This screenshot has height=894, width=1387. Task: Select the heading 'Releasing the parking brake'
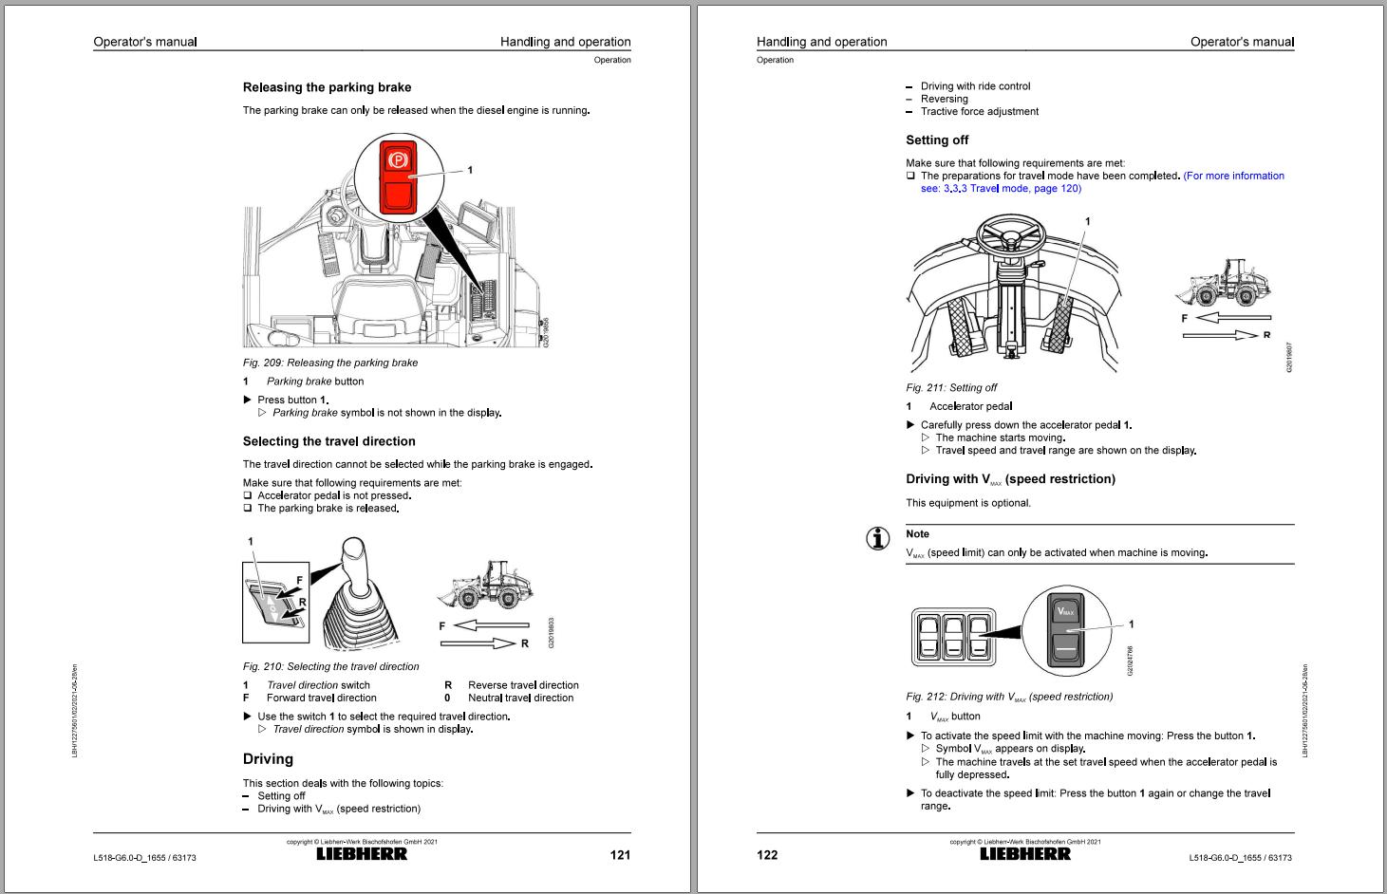327,87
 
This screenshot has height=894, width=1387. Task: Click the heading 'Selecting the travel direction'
328,441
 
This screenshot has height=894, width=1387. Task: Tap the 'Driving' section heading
268,759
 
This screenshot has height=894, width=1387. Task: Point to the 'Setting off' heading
937,140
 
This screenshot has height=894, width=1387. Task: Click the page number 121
620,855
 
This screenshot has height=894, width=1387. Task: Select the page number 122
767,855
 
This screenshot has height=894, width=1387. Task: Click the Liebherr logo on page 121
362,854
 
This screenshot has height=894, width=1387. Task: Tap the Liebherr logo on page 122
1025,854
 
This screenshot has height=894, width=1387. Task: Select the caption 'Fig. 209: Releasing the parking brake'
329,363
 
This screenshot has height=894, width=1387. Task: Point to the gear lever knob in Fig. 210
353,552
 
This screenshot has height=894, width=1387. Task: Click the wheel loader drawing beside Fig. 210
485,585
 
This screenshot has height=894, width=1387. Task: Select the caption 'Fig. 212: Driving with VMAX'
1009,697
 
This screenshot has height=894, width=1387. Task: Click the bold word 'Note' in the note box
917,534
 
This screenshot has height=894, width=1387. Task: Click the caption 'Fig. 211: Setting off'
951,387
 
